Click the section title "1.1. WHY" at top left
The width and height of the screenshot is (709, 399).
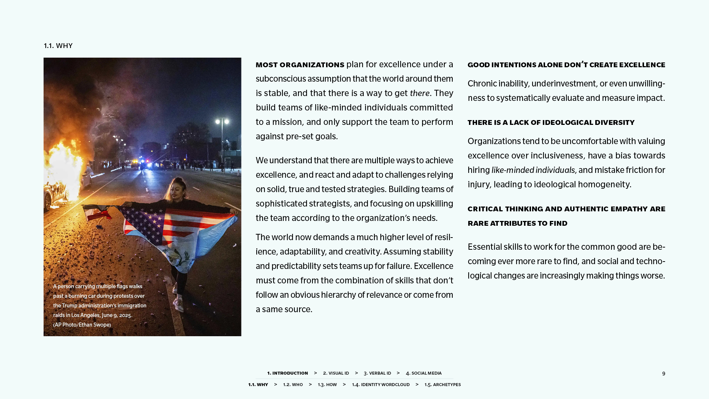point(58,46)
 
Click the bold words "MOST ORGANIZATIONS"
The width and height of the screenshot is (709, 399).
point(300,65)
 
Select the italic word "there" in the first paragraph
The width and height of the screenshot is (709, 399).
point(419,93)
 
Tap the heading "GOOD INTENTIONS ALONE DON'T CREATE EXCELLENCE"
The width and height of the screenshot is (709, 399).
point(566,65)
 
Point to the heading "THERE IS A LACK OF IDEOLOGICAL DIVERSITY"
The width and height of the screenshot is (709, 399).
point(551,123)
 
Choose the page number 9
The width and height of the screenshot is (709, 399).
point(664,374)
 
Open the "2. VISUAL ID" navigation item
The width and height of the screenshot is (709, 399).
point(336,373)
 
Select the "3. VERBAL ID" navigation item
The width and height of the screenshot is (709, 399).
point(377,373)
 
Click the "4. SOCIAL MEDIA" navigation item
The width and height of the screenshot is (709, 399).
point(424,373)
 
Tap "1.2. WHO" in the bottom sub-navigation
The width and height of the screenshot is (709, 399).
point(293,385)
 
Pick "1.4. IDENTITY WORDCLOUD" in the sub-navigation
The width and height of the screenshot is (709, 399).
point(381,385)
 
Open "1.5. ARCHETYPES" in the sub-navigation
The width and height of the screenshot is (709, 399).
point(442,385)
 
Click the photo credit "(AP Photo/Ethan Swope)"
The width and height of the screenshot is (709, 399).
point(82,325)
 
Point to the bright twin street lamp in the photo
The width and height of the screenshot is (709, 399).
point(222,121)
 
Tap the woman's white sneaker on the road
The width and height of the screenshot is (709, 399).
point(179,304)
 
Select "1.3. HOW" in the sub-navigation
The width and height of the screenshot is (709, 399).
point(327,385)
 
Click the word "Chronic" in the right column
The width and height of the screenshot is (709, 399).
point(482,84)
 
